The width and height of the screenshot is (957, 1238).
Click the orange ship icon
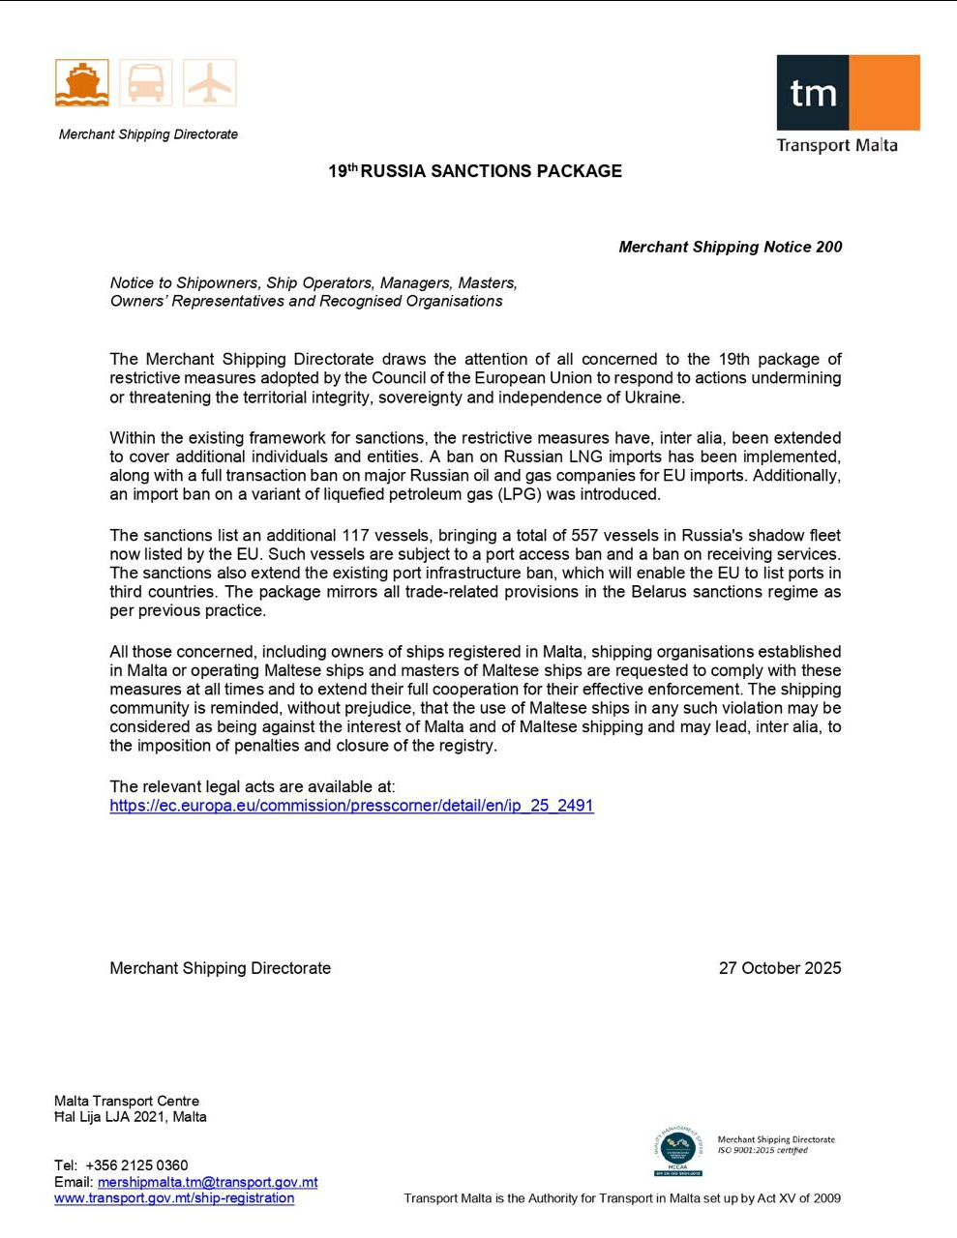(82, 82)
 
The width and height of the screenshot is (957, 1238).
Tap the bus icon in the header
(146, 82)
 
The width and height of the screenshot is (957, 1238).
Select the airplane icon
(209, 82)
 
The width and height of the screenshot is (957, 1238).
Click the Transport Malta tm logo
(848, 93)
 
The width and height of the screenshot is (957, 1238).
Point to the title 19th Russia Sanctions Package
(475, 171)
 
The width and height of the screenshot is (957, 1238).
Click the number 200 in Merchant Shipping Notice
(828, 247)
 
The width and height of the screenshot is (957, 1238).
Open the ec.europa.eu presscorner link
(351, 806)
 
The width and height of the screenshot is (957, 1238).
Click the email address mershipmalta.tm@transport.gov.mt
(207, 1182)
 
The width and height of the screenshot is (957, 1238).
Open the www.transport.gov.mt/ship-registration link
(174, 1198)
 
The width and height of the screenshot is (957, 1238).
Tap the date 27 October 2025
(780, 968)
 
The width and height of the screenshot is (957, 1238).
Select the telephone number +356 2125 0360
(136, 1165)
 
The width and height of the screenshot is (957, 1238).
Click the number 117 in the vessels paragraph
(355, 536)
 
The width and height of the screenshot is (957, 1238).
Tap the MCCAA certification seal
(677, 1151)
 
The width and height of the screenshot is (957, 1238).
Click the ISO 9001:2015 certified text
(763, 1151)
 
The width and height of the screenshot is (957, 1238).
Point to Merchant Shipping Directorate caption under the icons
(148, 134)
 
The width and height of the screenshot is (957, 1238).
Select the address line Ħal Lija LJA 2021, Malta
(131, 1117)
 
